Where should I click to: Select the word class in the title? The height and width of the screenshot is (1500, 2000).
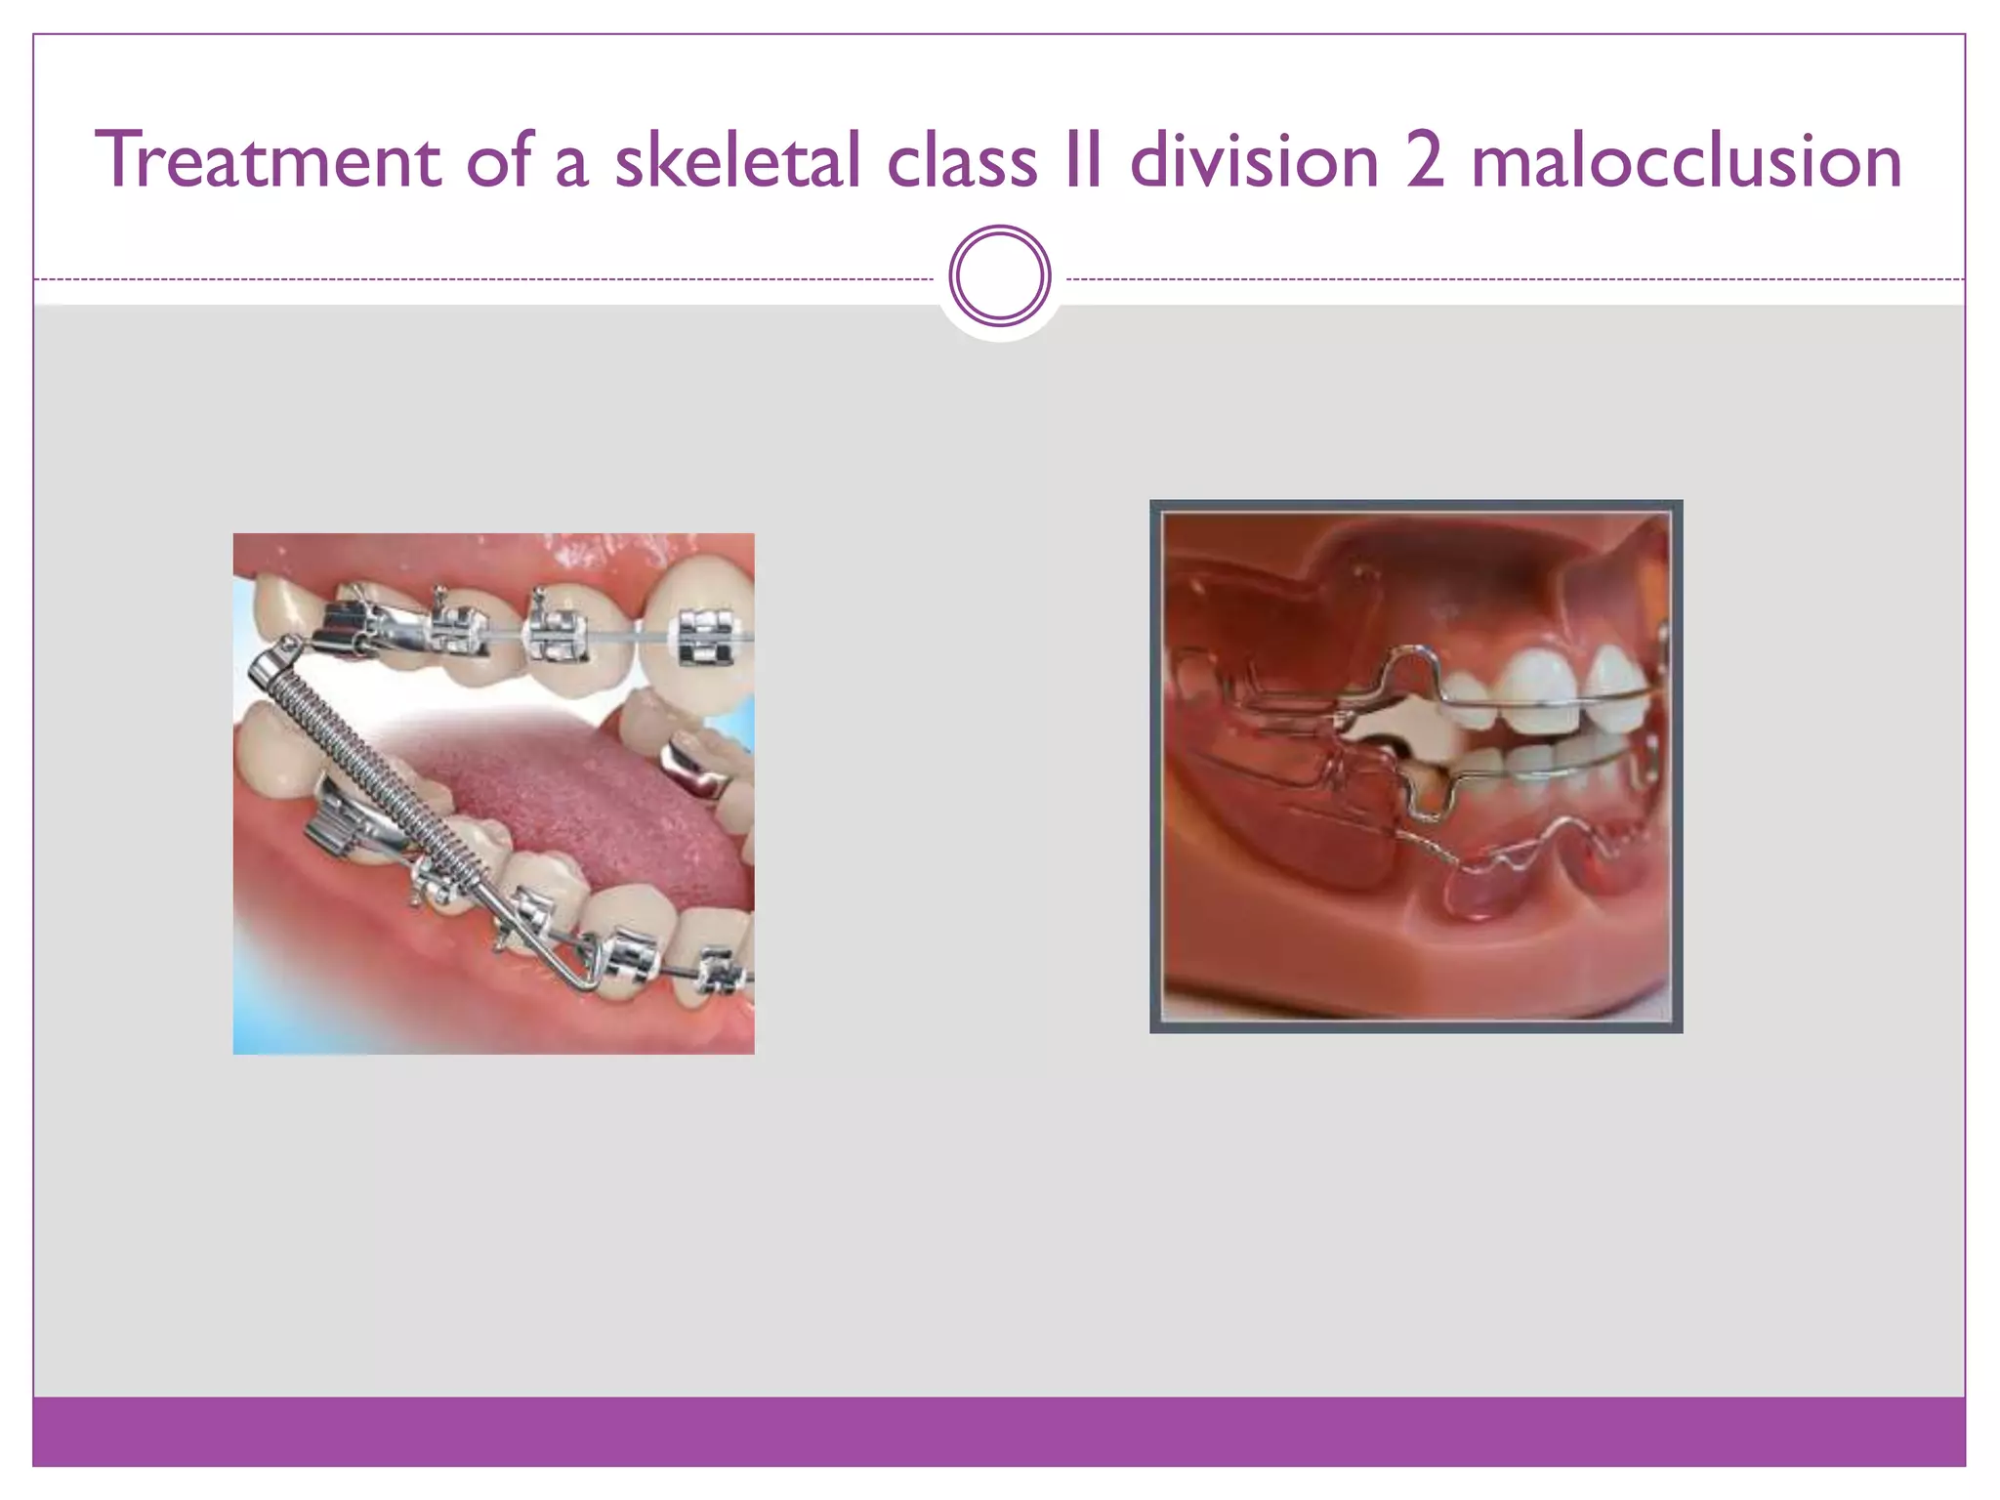click(x=962, y=161)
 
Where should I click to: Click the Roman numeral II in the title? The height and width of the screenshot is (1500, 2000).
click(x=1083, y=161)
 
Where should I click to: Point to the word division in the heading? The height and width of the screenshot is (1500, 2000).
click(x=1254, y=161)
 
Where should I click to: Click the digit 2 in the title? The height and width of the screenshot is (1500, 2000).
click(x=1425, y=161)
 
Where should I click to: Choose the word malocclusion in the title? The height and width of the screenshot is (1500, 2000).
click(x=1687, y=161)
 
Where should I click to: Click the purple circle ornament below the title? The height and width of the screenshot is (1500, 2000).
click(x=999, y=276)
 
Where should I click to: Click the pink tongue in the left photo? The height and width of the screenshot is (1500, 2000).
click(x=596, y=801)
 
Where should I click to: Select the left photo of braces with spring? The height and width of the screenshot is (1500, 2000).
click(x=493, y=793)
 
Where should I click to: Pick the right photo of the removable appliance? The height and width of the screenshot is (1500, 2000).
click(x=1416, y=767)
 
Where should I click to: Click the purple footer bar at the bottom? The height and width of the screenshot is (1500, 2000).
click(x=999, y=1431)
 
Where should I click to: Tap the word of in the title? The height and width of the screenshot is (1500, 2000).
click(x=499, y=161)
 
